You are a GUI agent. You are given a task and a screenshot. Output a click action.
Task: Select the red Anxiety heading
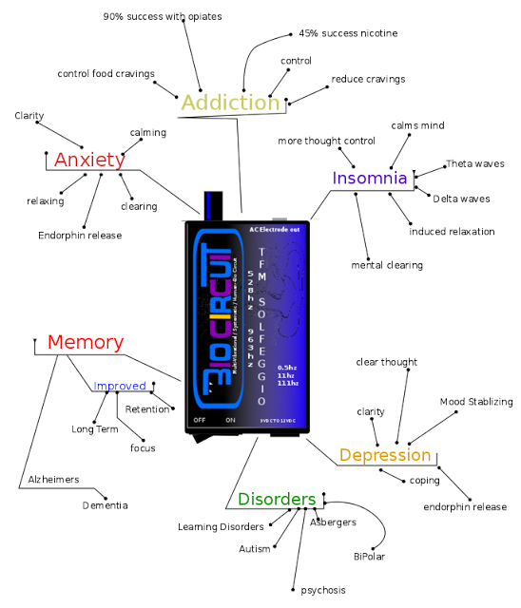[88, 159]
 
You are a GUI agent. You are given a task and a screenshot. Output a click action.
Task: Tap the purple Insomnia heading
[370, 178]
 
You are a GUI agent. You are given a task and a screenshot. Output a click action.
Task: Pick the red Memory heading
[86, 342]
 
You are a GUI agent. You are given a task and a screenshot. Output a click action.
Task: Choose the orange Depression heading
[385, 455]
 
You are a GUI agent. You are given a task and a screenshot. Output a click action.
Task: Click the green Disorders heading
[277, 499]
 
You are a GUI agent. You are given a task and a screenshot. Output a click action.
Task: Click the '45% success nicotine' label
[348, 33]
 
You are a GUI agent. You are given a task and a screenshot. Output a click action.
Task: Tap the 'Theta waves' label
[477, 164]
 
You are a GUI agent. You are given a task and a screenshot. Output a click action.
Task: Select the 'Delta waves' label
[461, 199]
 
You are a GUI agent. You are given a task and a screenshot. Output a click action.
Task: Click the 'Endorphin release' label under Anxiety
[80, 235]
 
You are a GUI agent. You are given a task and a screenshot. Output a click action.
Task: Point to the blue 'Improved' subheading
[120, 386]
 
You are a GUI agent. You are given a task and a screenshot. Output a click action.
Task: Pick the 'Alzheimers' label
[53, 479]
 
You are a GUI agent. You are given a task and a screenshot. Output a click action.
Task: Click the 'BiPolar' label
[369, 556]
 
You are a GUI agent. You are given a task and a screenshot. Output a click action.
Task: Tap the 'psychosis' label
[323, 590]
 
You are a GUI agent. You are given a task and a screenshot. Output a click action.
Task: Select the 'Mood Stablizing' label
[476, 402]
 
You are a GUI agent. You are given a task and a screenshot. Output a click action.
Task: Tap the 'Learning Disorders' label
[221, 526]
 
